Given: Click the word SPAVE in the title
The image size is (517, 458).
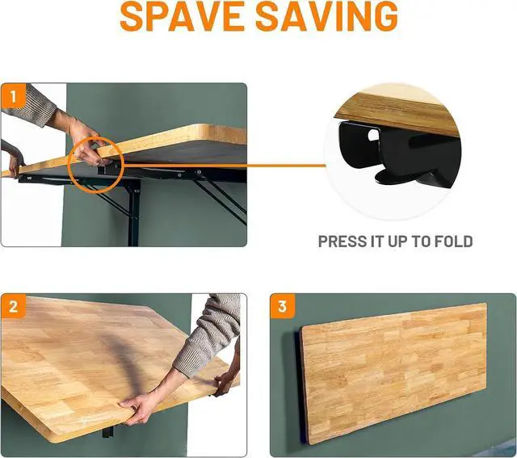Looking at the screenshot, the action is tap(181, 16).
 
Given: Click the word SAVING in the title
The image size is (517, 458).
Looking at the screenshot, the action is tap(326, 16).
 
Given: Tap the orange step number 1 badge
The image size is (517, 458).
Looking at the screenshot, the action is tap(13, 96).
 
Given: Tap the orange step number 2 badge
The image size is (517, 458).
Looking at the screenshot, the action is tap(13, 306).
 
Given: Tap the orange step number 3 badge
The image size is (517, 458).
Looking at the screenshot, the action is tap(282, 306).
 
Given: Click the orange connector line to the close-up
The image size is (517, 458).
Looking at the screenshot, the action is tap(225, 166).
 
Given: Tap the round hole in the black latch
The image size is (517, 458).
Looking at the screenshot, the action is tap(373, 135).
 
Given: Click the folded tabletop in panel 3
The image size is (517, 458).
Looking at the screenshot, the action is tap(395, 372).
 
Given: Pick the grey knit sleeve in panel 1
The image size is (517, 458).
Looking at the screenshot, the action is tap(29, 105).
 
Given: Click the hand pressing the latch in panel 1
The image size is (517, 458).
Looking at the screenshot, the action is tap(86, 145).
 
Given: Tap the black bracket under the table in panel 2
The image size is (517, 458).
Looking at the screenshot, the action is tap(108, 431).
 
